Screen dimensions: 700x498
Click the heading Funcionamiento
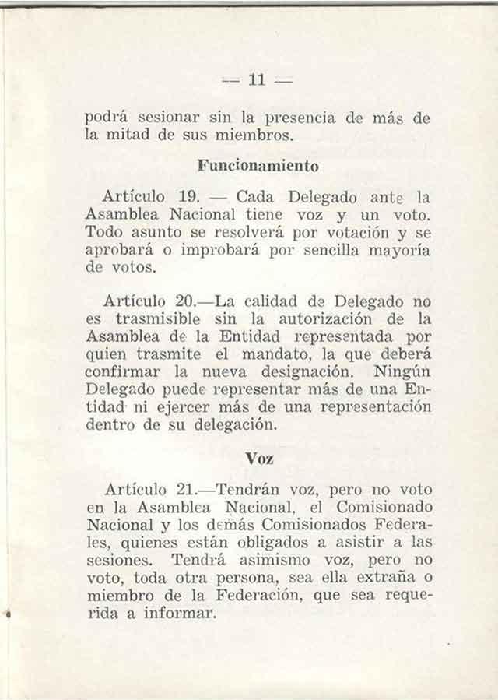tap(258, 166)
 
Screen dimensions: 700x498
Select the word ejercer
tap(180, 408)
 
